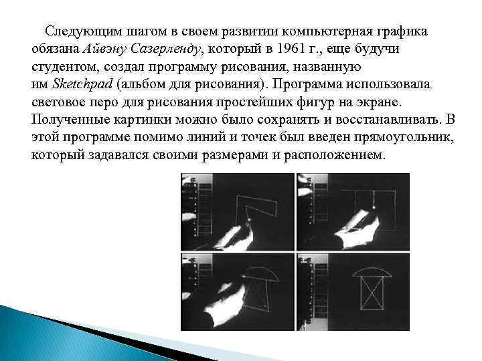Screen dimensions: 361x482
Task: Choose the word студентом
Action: (x=64, y=68)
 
